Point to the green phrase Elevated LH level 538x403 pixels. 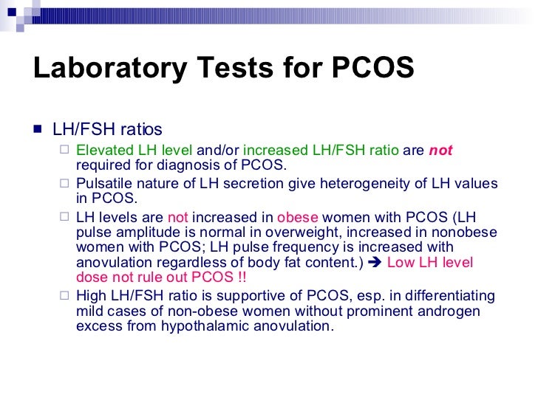(134, 151)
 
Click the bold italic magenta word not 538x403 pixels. (440, 151)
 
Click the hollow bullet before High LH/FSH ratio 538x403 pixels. (64, 296)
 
